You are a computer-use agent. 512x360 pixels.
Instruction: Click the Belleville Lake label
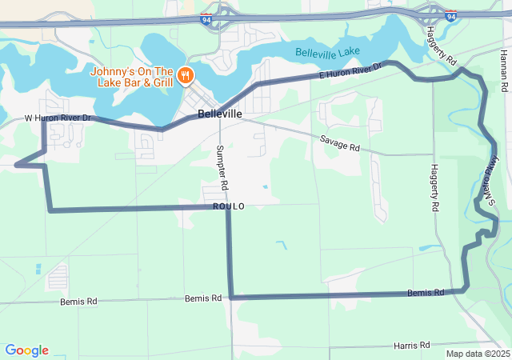coord(328,53)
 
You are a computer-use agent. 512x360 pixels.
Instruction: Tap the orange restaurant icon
coord(186,75)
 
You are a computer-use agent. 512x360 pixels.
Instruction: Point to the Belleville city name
coord(219,114)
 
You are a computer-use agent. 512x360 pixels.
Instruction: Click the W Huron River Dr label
coord(59,118)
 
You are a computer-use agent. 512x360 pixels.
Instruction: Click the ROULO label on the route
coord(229,206)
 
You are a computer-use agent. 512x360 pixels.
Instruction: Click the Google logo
coord(27,350)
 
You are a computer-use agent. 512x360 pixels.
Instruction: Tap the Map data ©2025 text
coord(477,354)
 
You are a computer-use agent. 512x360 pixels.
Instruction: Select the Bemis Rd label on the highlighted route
coord(425,293)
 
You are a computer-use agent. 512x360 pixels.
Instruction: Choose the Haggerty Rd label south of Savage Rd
coord(434,187)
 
